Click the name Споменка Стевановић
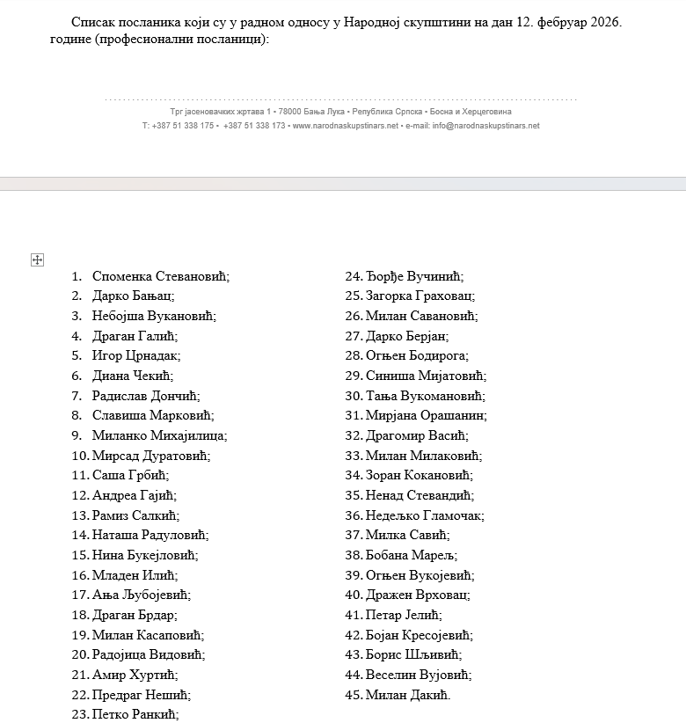tap(160, 276)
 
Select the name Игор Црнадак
tap(135, 355)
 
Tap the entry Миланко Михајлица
tap(159, 435)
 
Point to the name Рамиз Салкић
tap(135, 515)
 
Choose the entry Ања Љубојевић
tap(141, 595)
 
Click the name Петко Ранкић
tap(135, 714)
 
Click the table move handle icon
tap(37, 259)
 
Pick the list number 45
tap(354, 695)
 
